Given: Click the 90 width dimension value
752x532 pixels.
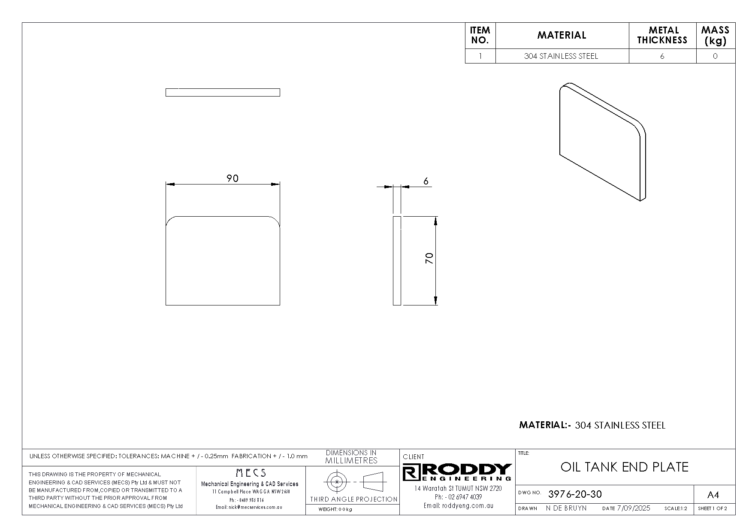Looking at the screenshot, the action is (232, 178).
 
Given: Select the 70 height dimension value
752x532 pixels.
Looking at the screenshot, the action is (429, 258).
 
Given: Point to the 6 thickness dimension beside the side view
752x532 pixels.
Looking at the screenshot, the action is (426, 181).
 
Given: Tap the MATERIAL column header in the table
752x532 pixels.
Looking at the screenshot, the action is (562, 35).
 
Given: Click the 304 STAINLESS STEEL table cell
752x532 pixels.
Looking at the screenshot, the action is (561, 56).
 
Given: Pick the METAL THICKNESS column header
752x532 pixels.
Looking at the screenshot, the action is (662, 35).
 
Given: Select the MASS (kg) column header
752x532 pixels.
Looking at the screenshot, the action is (715, 35).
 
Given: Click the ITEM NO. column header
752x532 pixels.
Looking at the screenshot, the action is (480, 35).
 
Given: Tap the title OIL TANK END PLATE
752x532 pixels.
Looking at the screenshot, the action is (624, 467).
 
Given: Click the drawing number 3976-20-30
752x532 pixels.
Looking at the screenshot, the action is (575, 494).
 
